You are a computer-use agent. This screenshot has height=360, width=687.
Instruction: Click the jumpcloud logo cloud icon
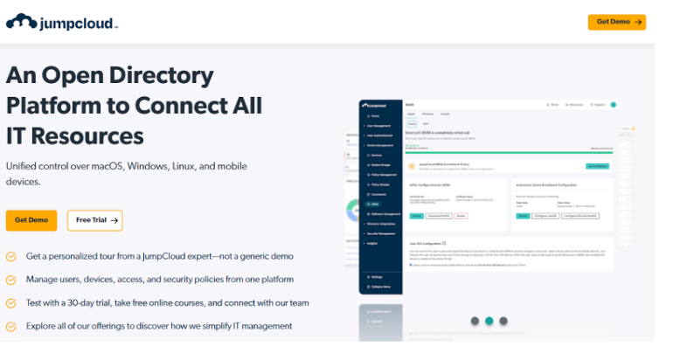coord(21,21)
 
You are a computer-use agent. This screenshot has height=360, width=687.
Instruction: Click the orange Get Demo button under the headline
coord(31,220)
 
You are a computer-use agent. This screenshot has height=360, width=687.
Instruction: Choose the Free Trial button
coord(94,220)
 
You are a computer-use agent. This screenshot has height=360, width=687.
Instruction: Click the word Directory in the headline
coord(154,75)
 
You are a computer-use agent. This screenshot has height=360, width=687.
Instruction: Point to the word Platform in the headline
coord(56,106)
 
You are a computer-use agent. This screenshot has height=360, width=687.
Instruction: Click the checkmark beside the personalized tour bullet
coord(11,257)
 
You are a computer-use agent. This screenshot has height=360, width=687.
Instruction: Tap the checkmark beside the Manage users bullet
coord(11,280)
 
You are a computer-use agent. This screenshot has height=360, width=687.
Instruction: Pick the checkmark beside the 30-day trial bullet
coord(11,303)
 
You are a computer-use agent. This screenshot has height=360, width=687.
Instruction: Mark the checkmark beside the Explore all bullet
coord(11,326)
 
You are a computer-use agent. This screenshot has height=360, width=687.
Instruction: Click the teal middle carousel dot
coord(489,321)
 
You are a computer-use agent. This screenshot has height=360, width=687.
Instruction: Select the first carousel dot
coord(474,321)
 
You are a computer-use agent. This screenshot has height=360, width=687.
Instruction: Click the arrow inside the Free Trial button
coord(114,220)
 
